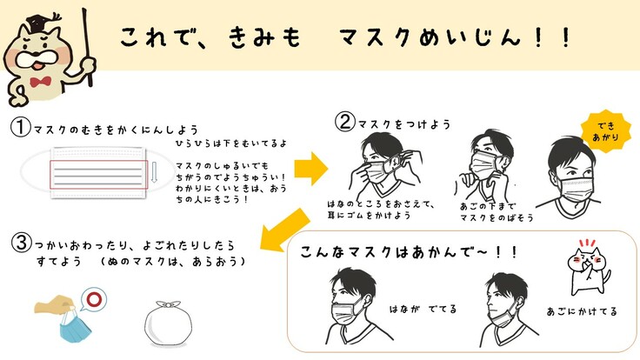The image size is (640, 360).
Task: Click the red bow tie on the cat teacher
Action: [x=40, y=81]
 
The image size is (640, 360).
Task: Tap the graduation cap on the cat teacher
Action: [x=42, y=23]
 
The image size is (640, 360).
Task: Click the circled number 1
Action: [x=20, y=127]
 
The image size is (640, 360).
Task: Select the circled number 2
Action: [x=345, y=121]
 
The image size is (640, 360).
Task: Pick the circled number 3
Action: [x=21, y=243]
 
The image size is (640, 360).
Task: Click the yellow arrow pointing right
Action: [x=311, y=169]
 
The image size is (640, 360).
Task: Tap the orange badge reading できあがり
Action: [x=606, y=131]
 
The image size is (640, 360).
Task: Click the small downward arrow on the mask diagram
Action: [x=154, y=172]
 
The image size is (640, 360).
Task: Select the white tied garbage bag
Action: [x=168, y=323]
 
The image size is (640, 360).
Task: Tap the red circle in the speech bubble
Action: [x=94, y=299]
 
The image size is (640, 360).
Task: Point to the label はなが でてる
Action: [x=423, y=309]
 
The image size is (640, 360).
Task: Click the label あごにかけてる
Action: [x=582, y=311]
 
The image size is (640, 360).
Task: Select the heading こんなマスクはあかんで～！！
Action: [x=409, y=252]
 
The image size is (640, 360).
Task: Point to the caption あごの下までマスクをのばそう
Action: [x=497, y=212]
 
